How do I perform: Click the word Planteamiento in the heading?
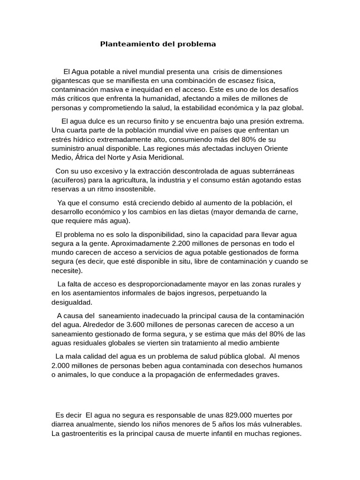[x=124, y=44]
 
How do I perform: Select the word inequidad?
[x=143, y=89]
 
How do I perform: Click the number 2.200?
[x=183, y=243]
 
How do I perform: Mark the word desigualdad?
[x=72, y=302]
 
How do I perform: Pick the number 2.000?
[x=63, y=365]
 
